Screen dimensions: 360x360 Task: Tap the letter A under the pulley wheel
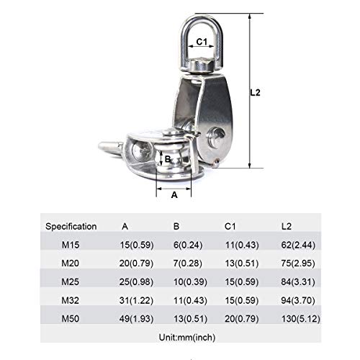pyautogui.click(x=174, y=194)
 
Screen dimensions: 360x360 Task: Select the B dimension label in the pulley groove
pyautogui.click(x=167, y=159)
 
